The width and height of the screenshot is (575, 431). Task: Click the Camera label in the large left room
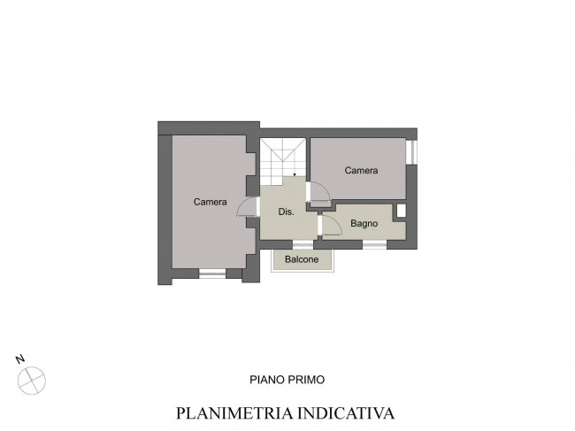pyautogui.click(x=211, y=202)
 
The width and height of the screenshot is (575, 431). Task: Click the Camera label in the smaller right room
pyautogui.click(x=361, y=170)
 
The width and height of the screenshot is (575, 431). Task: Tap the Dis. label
pyautogui.click(x=286, y=212)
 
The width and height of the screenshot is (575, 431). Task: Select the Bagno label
pyautogui.click(x=364, y=223)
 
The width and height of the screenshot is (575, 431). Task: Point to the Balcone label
pyautogui.click(x=302, y=259)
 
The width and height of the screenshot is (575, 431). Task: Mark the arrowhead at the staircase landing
pyautogui.click(x=295, y=174)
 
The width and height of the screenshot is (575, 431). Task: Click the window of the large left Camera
pyautogui.click(x=212, y=273)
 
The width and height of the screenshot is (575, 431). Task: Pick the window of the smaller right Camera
pyautogui.click(x=412, y=152)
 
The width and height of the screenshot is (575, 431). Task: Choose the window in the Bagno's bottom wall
pyautogui.click(x=374, y=244)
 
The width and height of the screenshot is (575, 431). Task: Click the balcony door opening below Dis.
pyautogui.click(x=303, y=244)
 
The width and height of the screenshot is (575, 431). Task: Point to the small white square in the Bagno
pyautogui.click(x=402, y=211)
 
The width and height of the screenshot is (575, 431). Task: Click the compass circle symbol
pyautogui.click(x=32, y=381)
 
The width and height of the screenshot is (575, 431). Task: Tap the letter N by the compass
pyautogui.click(x=20, y=358)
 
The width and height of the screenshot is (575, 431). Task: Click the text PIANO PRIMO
pyautogui.click(x=287, y=380)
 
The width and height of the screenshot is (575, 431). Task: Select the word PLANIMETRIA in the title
pyautogui.click(x=234, y=413)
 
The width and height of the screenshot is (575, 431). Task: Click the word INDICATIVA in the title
pyautogui.click(x=346, y=413)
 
